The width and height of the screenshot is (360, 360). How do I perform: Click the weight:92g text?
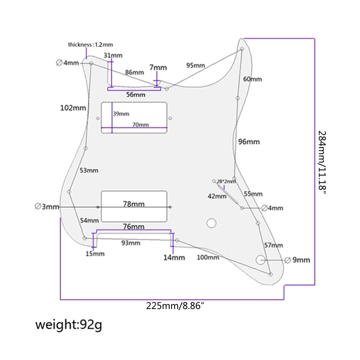[68, 324]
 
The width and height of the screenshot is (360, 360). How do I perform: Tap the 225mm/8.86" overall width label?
[175, 306]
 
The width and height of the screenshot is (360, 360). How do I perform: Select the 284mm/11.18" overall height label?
[322, 163]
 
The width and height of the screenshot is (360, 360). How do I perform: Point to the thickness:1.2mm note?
[90, 45]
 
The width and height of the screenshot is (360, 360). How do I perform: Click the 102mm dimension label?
[73, 108]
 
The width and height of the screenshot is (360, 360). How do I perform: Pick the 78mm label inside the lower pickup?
[134, 204]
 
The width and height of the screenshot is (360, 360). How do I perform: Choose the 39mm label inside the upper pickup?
[121, 114]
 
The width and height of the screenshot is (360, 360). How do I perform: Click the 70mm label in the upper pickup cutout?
[140, 125]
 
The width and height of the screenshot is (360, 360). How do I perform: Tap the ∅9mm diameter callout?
[297, 260]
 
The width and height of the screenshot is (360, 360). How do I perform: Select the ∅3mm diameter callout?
[47, 207]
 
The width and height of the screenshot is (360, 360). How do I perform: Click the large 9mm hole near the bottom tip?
[260, 260]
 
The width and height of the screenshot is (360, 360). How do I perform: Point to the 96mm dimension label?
[249, 142]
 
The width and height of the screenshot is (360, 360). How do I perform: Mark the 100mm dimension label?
[208, 257]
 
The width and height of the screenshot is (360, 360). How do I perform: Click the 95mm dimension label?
[195, 65]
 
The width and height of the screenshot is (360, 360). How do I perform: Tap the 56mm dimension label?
[136, 94]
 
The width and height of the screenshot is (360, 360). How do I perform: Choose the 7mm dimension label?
[158, 67]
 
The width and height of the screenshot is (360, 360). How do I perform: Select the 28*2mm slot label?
[226, 181]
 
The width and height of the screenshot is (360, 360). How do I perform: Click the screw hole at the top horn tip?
[242, 49]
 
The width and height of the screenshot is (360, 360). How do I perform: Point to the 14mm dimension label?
[174, 257]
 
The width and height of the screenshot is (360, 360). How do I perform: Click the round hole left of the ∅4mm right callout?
[242, 208]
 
